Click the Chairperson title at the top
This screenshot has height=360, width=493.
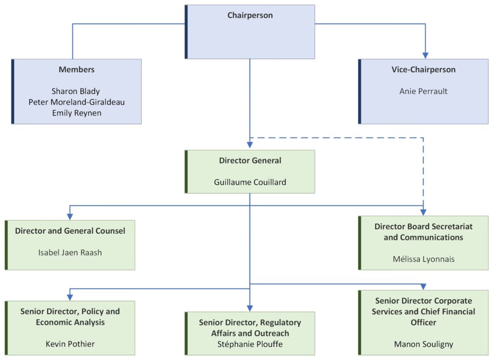(250, 15)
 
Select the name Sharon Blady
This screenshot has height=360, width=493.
(76, 91)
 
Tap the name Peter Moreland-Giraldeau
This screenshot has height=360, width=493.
(76, 102)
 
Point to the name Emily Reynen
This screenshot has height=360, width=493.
(76, 112)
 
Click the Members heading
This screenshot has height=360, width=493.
(77, 69)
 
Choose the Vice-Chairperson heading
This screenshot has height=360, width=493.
(423, 69)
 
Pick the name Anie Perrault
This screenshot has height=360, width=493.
(423, 91)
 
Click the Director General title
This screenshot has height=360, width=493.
(250, 160)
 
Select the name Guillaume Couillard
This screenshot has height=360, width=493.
(250, 182)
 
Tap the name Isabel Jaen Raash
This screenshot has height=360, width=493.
(70, 252)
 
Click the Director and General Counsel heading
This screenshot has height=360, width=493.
(70, 231)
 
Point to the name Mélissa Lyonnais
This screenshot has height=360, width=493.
(423, 259)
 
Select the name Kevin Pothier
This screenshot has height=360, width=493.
(70, 344)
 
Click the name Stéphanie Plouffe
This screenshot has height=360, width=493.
(250, 344)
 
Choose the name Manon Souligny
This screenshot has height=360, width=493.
(423, 344)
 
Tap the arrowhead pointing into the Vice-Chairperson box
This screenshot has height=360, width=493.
(425, 55)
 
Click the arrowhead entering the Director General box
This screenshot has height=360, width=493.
(250, 146)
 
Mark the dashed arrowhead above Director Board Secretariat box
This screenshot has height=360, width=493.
(423, 212)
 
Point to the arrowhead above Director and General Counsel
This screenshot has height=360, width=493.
(70, 216)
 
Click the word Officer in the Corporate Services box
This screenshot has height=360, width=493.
(423, 322)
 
